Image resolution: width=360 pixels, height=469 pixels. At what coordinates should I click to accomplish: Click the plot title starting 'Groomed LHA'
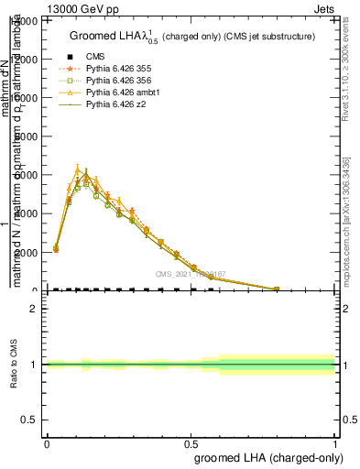[192, 36]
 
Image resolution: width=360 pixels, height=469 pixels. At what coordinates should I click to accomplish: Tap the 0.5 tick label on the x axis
[191, 443]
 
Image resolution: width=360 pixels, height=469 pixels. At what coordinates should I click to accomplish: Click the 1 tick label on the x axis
[334, 443]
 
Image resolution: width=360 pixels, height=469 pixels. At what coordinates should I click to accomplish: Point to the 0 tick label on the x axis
[47, 443]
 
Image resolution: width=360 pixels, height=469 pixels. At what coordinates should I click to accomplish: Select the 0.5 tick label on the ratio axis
[30, 420]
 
